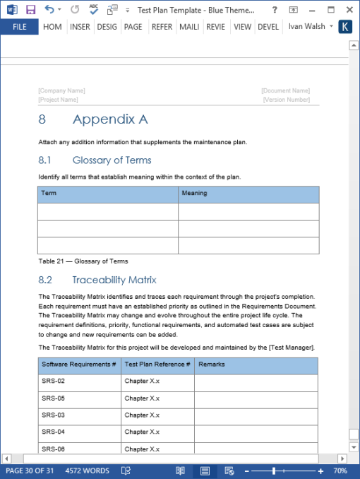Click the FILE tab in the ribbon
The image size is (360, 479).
[x=19, y=27]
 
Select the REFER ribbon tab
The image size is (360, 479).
[x=162, y=27]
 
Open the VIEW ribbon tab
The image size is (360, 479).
[x=242, y=27]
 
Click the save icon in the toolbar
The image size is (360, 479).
[x=30, y=10]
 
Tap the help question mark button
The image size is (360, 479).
[x=275, y=10]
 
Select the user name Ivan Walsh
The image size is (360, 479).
[x=307, y=27]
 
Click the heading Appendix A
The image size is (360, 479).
[x=109, y=119]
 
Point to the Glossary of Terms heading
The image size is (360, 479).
[x=112, y=160]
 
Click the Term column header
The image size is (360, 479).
[x=49, y=193]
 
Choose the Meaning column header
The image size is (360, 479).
[x=195, y=193]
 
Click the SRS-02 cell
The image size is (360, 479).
[x=54, y=382]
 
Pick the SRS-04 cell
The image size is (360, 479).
[x=54, y=432]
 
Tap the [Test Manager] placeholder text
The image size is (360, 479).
[x=292, y=348]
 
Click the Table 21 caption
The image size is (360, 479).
[x=83, y=261]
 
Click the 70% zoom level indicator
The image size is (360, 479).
[x=340, y=471]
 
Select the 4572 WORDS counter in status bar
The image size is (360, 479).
[x=87, y=471]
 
